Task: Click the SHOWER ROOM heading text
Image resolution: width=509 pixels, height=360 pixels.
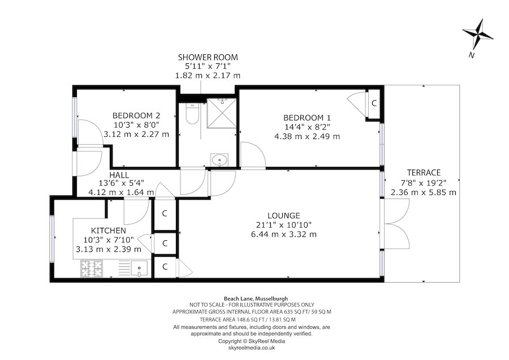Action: pos(208,57)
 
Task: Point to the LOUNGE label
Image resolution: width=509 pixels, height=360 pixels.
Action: pos(283,215)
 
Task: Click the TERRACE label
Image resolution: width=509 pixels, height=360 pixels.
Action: pos(424,172)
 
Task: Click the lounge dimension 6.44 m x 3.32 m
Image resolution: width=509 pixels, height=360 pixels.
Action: pos(283,234)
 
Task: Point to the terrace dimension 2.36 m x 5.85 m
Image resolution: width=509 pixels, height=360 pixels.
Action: pos(424,192)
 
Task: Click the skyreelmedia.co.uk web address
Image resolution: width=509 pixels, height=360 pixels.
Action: pos(252,349)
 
